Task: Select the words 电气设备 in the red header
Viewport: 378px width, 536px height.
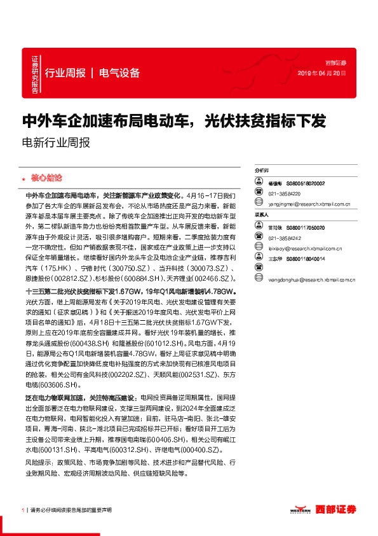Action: point(119,73)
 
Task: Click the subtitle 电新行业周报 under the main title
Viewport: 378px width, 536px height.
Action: point(56,143)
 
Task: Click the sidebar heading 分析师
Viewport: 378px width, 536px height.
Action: point(262,171)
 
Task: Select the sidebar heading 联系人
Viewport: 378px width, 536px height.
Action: point(262,215)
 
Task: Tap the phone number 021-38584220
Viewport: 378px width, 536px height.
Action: point(283,194)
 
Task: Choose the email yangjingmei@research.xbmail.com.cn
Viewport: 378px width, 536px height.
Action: point(309,204)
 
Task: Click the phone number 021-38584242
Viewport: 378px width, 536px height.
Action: point(283,237)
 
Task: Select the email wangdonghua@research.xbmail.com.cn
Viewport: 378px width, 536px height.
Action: point(311,278)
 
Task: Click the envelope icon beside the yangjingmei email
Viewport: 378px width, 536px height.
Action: point(258,204)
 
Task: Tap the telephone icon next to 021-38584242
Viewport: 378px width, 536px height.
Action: point(258,237)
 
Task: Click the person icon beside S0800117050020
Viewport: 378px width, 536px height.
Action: point(258,227)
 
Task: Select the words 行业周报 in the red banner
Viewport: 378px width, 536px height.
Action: point(65,73)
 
